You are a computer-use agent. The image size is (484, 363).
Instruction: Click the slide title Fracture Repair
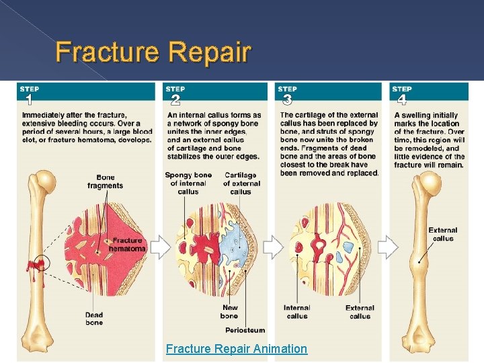pyautogui.click(x=153, y=52)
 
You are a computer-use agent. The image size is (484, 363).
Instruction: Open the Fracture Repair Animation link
pyautogui.click(x=237, y=349)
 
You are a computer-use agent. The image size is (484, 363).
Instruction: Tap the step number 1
pyautogui.click(x=28, y=101)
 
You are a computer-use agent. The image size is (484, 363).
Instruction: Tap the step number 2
pyautogui.click(x=175, y=101)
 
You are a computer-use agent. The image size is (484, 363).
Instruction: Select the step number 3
pyautogui.click(x=287, y=101)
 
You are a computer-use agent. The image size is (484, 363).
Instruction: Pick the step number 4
pyautogui.click(x=401, y=101)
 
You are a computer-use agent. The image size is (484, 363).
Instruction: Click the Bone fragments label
pyautogui.click(x=105, y=182)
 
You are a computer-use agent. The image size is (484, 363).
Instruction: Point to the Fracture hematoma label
pyautogui.click(x=127, y=245)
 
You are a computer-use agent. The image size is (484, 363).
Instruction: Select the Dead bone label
pyautogui.click(x=94, y=319)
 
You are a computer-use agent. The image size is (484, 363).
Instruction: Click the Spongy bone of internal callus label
pyautogui.click(x=188, y=183)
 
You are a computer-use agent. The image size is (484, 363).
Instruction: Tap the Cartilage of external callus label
pyautogui.click(x=241, y=183)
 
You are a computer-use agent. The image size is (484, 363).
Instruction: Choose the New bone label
pyautogui.click(x=229, y=312)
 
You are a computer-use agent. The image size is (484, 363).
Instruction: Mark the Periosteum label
pyautogui.click(x=245, y=330)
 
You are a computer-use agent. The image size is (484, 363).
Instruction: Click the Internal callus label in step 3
pyautogui.click(x=296, y=312)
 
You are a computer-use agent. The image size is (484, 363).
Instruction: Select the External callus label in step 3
pyautogui.click(x=360, y=312)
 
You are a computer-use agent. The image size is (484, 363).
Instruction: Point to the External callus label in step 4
pyautogui.click(x=442, y=234)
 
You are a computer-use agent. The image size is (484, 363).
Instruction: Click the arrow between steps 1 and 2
pyautogui.click(x=160, y=247)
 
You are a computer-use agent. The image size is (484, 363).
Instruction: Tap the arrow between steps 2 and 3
pyautogui.click(x=272, y=247)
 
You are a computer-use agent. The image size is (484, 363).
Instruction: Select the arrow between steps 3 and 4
pyautogui.click(x=388, y=247)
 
